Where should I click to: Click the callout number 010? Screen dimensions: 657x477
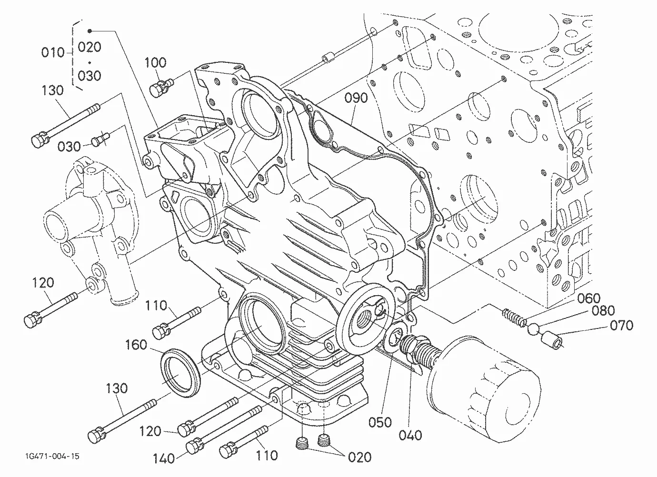click(52, 52)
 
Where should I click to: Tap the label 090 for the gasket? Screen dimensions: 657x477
click(356, 98)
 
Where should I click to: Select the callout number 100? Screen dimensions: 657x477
click(156, 62)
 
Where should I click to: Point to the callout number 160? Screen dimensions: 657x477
click(136, 345)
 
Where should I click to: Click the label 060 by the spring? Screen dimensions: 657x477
click(589, 298)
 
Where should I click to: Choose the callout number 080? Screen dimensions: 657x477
click(603, 311)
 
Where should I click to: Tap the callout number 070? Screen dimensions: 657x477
click(621, 325)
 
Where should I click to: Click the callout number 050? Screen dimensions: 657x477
click(380, 422)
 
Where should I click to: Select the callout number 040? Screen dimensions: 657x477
click(410, 435)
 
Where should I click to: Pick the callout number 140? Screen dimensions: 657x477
click(164, 458)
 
